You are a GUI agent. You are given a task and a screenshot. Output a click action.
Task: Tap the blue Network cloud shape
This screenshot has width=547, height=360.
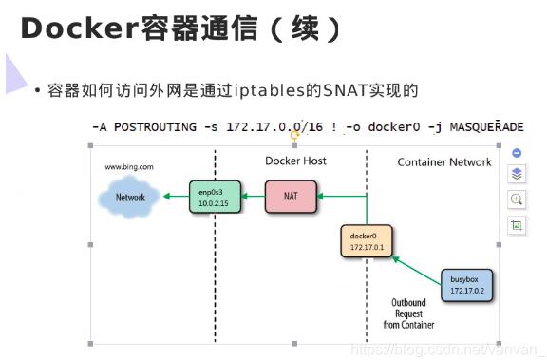(130, 198)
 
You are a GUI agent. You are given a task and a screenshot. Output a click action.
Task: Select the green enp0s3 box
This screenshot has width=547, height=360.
(214, 197)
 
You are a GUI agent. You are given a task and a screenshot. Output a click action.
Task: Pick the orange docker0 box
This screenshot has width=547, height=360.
(366, 242)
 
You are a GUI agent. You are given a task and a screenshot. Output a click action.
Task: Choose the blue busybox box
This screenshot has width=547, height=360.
(467, 284)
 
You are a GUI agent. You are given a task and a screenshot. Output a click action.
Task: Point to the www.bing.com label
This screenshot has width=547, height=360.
(129, 167)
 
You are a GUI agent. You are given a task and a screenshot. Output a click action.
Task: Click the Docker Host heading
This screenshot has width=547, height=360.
(295, 161)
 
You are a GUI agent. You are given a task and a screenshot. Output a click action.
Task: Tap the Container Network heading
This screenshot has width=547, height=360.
(444, 162)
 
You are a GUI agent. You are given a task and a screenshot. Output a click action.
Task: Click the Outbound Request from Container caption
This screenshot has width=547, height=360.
(409, 313)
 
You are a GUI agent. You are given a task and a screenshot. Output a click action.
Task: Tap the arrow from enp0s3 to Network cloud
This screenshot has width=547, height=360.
(174, 197)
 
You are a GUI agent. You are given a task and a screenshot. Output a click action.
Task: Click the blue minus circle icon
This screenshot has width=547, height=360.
(517, 152)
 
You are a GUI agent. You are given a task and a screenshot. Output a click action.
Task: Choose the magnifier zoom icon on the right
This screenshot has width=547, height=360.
(517, 199)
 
